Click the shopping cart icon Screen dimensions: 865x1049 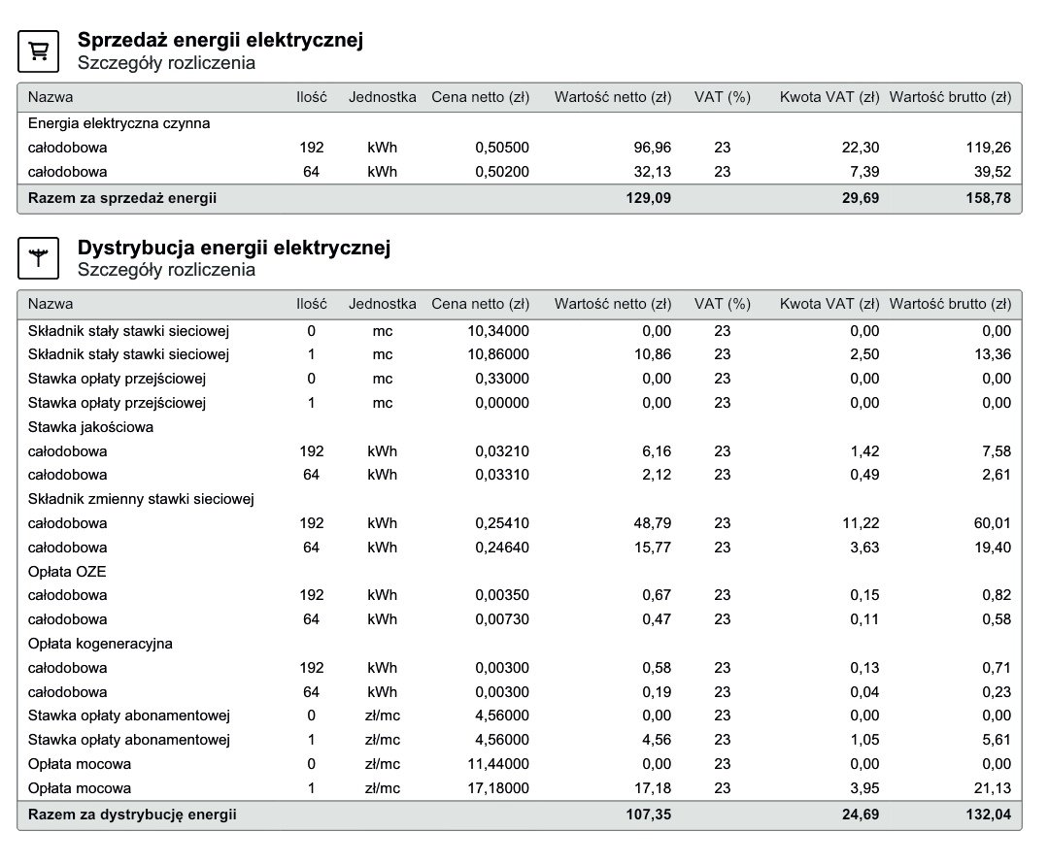[x=40, y=51]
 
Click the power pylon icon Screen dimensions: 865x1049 [x=40, y=258]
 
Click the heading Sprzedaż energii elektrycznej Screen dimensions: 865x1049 [x=220, y=41]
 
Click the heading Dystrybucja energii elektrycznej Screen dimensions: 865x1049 [x=234, y=248]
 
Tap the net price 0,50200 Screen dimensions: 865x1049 [x=502, y=172]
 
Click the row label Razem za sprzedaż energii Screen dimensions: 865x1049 [x=122, y=198]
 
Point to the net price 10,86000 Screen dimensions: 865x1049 [x=498, y=354]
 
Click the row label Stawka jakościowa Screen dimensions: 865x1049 [x=91, y=426]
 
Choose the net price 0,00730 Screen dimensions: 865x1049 [x=502, y=619]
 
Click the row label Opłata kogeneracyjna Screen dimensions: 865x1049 [x=101, y=644]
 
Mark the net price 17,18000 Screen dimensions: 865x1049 [x=498, y=788]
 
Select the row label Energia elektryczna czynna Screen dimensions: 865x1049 [x=119, y=123]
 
